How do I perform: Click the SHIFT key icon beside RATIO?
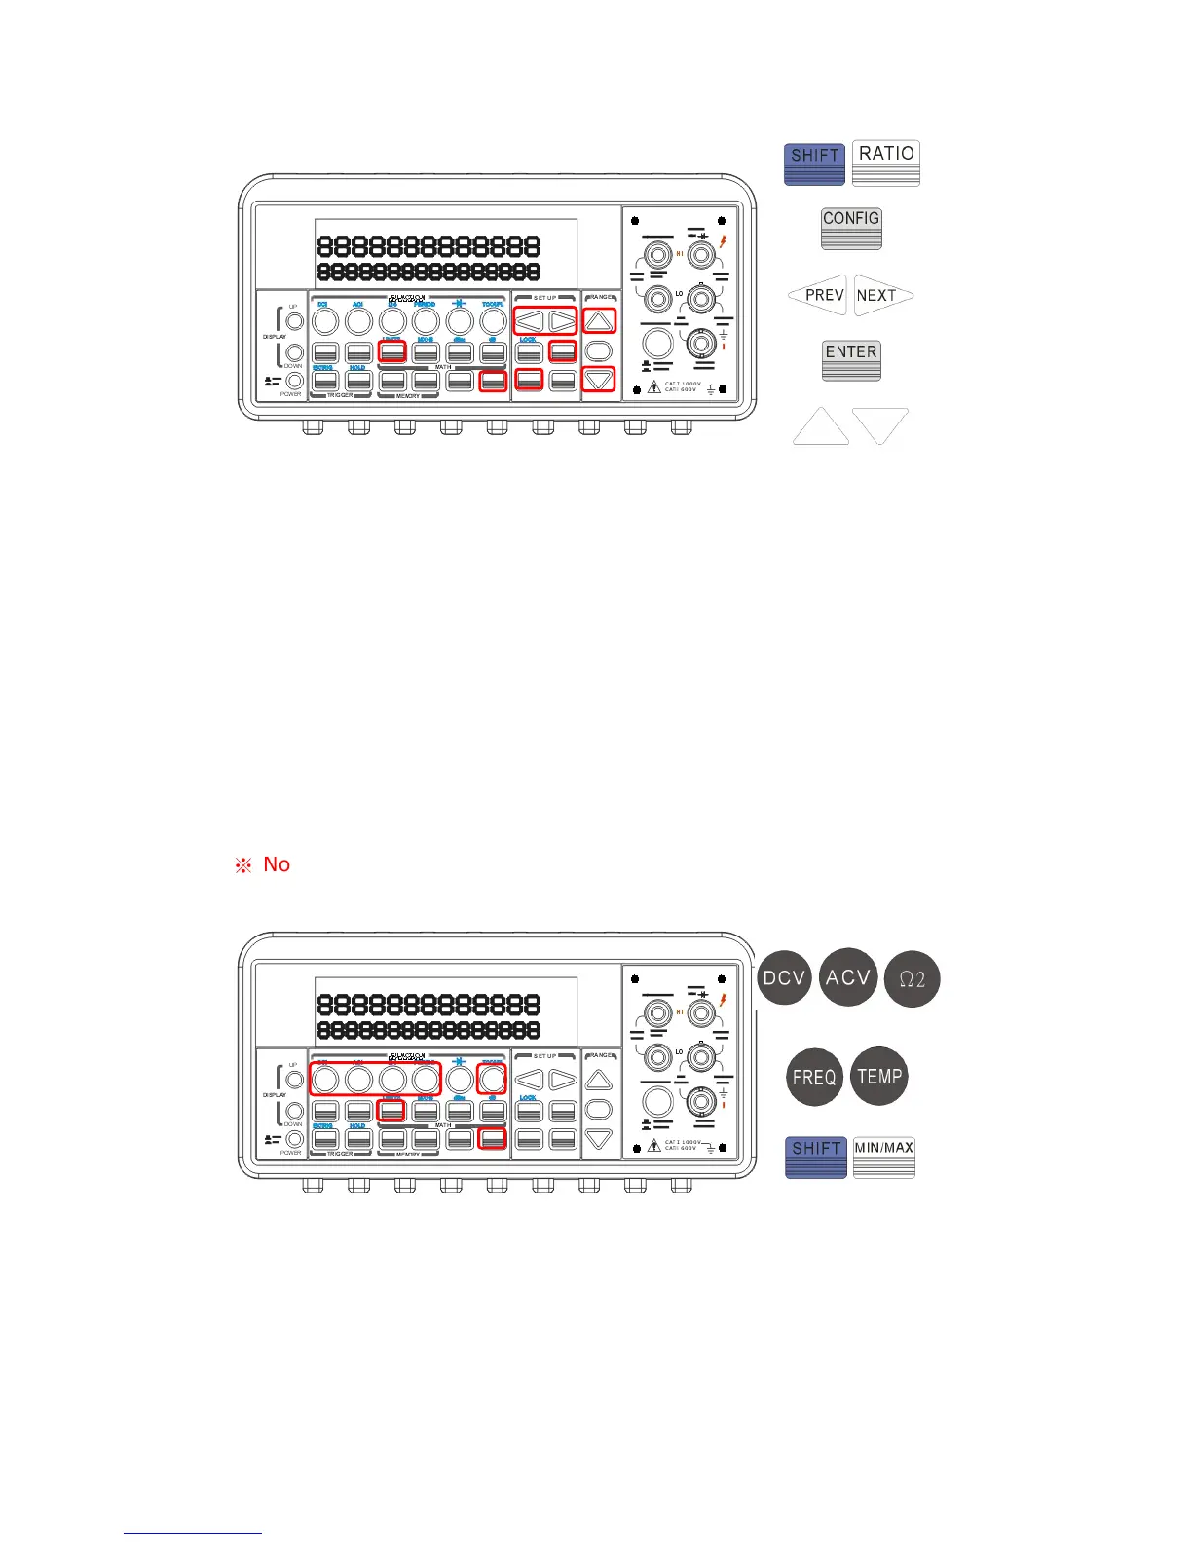(x=814, y=163)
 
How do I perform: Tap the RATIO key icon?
(x=886, y=163)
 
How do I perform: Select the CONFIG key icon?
(x=851, y=228)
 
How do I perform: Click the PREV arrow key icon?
(x=818, y=295)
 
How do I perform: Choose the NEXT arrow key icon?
(x=882, y=295)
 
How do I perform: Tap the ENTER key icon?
(x=851, y=360)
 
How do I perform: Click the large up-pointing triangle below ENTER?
(x=821, y=427)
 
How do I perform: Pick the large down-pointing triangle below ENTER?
(x=880, y=425)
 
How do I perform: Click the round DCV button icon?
(x=784, y=977)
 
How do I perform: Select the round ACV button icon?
(x=848, y=977)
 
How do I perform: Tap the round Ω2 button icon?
(x=912, y=978)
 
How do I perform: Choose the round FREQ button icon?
(x=814, y=1077)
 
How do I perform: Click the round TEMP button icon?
(x=879, y=1076)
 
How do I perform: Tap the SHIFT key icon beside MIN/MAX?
(x=816, y=1156)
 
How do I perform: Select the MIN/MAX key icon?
(x=884, y=1156)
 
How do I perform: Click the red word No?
(x=277, y=864)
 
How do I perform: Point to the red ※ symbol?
(x=243, y=865)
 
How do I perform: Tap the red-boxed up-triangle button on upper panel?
(x=599, y=320)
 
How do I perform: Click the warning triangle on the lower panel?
(x=654, y=1146)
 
